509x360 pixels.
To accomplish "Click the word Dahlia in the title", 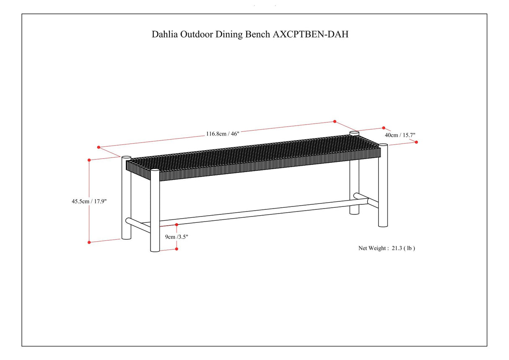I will pos(165,34).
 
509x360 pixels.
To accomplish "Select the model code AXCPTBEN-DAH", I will pos(310,34).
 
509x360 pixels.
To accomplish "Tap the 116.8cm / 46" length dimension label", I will pos(222,134).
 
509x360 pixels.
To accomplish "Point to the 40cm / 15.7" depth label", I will pos(400,135).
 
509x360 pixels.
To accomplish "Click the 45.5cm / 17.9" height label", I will pos(89,201).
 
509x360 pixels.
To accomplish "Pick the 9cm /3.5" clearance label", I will pos(176,237).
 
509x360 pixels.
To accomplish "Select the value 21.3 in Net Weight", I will pos(397,248).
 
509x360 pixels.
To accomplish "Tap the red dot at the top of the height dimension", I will pos(89,160).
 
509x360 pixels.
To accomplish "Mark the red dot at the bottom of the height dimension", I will pos(89,242).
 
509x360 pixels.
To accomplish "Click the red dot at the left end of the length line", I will pos(99,147).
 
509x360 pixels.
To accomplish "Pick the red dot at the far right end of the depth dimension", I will pos(416,142).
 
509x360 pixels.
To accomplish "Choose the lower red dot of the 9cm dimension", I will pos(177,249).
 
